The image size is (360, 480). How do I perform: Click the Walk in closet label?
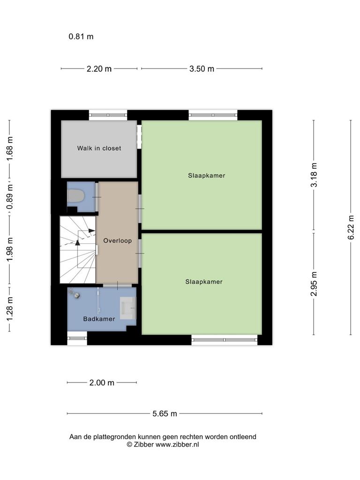(x=99, y=148)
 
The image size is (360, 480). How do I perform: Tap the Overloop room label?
(x=117, y=240)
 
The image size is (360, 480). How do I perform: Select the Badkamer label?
(x=99, y=319)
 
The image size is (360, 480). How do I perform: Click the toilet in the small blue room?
(x=75, y=195)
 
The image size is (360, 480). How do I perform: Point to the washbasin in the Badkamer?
(x=127, y=307)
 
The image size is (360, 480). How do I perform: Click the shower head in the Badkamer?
(x=75, y=294)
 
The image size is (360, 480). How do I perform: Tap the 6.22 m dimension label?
(x=351, y=227)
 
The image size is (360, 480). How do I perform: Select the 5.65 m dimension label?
(x=165, y=413)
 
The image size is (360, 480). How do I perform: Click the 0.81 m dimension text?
(x=81, y=37)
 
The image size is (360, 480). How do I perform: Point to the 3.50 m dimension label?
(x=202, y=68)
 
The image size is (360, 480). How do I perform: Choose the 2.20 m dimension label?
(x=99, y=68)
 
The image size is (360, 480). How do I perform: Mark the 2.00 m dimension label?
(x=102, y=382)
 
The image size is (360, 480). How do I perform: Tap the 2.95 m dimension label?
(x=314, y=284)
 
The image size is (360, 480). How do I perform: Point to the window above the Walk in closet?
(x=108, y=115)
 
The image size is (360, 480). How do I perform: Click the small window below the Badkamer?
(x=77, y=338)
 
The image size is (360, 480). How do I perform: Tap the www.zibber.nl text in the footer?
(x=177, y=444)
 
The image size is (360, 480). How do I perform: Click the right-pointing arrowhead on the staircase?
(x=91, y=231)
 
